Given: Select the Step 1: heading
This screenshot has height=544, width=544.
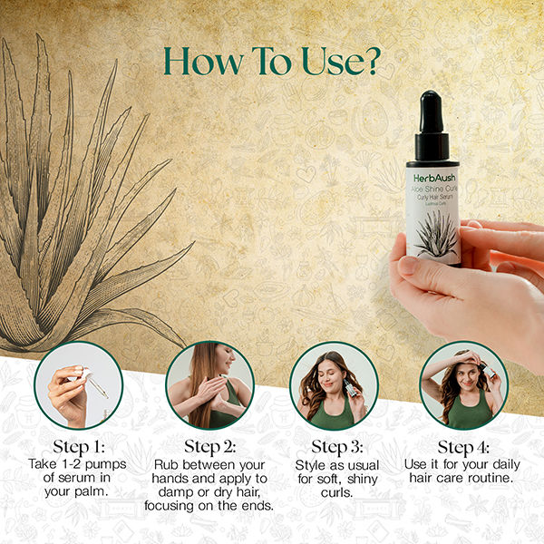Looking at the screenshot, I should (77, 447).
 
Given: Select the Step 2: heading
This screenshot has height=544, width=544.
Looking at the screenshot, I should (209, 447).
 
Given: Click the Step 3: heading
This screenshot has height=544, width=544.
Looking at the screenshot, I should (337, 447).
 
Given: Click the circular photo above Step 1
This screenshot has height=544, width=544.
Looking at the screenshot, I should (78, 384).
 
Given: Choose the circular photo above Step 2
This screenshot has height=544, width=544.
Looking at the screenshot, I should (209, 384).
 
